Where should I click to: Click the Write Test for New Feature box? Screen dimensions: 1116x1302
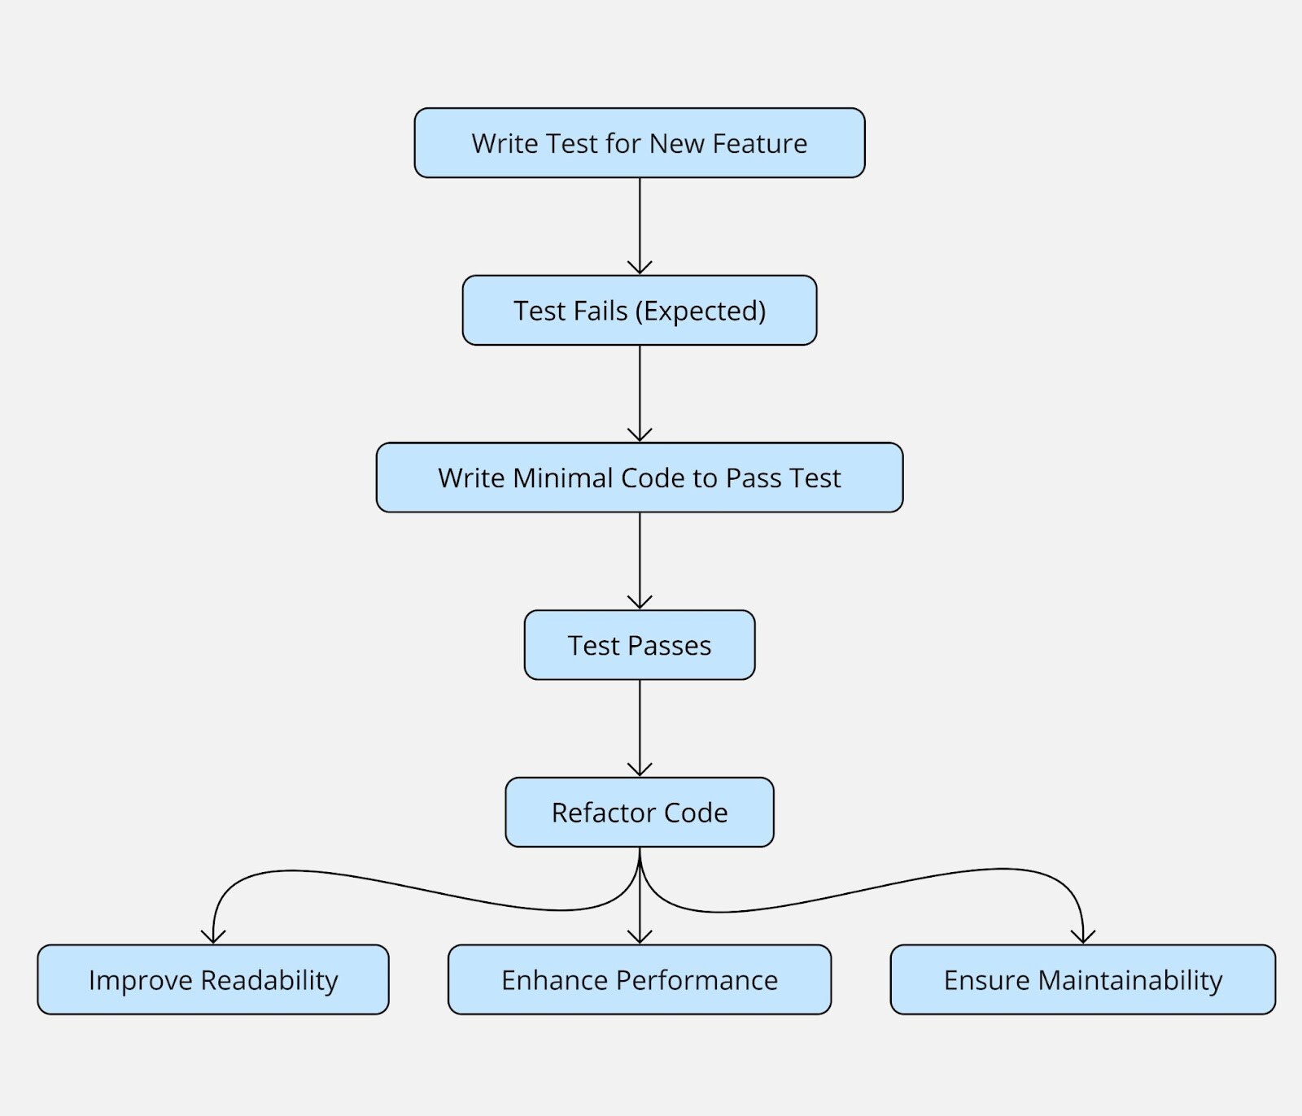click(x=639, y=143)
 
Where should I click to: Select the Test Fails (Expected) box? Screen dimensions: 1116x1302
click(x=639, y=310)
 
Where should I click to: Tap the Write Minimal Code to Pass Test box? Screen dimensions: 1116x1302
click(x=639, y=477)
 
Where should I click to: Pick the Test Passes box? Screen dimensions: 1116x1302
click(x=639, y=645)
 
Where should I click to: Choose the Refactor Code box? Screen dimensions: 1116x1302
click(x=639, y=812)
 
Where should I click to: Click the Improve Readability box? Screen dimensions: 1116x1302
click(x=212, y=979)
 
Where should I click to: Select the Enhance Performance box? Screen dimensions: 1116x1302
click(x=639, y=979)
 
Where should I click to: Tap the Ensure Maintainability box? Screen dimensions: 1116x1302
click(x=1082, y=979)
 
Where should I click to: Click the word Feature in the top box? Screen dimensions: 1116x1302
click(x=759, y=143)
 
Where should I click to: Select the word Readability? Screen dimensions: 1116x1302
click(x=269, y=980)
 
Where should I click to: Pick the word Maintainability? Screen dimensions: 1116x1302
click(x=1130, y=980)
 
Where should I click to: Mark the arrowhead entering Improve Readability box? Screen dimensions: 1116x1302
click(x=213, y=937)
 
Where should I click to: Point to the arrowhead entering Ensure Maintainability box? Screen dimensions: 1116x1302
click(x=1083, y=937)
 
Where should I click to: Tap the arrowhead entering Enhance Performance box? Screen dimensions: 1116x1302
click(x=640, y=937)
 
